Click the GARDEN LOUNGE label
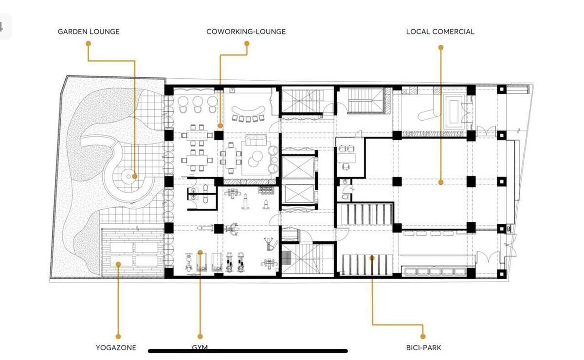89,32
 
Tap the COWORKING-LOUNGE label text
246,32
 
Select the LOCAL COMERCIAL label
440,32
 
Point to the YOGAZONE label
116,348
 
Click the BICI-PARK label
424,348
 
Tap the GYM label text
200,347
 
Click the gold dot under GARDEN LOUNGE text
89,43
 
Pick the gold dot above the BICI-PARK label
423,337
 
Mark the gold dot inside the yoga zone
118,264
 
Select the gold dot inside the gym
200,252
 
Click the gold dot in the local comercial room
440,182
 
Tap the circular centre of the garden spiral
128,177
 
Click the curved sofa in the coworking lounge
248,111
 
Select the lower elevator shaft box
298,194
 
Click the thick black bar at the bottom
248,351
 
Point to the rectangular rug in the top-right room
454,112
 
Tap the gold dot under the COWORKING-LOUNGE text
247,43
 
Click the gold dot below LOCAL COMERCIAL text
441,48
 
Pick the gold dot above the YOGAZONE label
118,337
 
